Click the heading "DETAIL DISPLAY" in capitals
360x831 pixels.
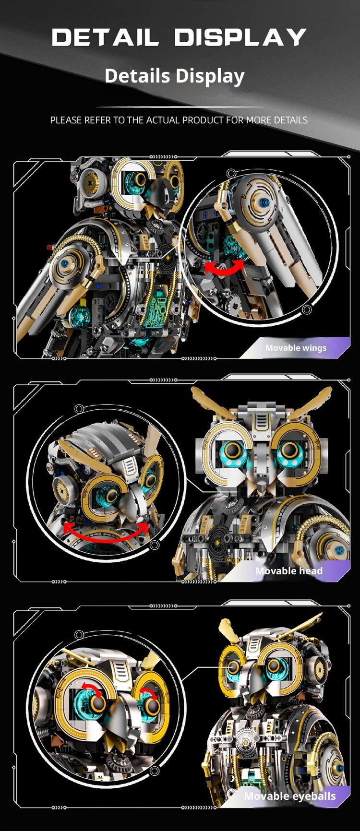coord(179,37)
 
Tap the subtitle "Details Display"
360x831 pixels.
coord(175,76)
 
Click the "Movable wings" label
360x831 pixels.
coord(296,348)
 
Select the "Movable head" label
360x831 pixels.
coord(288,570)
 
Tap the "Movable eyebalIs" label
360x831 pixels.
coord(290,796)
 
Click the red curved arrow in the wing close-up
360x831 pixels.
coord(225,268)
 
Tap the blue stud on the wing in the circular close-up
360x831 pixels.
coord(264,203)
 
